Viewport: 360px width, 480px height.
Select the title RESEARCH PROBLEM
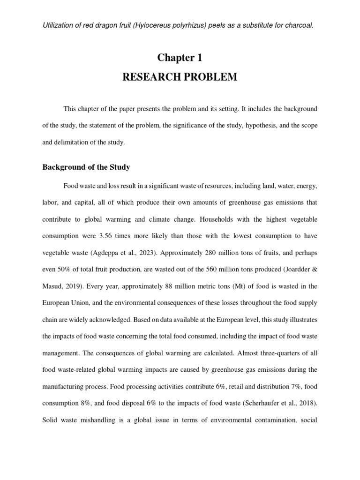180,77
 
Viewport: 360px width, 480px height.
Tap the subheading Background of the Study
86,167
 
